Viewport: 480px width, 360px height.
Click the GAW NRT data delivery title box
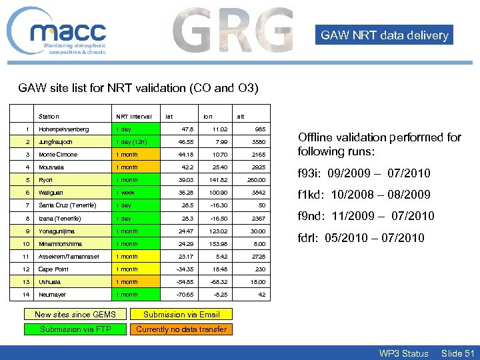(384, 35)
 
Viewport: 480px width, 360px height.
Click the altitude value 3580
(257, 142)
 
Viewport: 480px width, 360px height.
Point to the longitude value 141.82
(216, 180)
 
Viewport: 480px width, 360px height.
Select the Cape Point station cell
(53, 269)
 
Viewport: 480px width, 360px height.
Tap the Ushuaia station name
(49, 282)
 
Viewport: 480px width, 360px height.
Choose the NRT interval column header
(134, 116)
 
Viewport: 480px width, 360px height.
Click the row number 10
(26, 244)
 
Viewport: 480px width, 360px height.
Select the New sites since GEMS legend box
(75, 315)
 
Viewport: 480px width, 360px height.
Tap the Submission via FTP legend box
(75, 329)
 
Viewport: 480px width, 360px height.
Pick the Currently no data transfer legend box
(181, 329)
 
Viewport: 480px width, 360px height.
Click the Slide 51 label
(457, 353)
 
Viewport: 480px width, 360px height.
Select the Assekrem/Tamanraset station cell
(69, 257)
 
